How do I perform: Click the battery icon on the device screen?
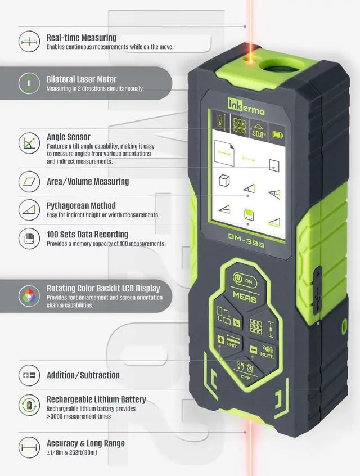(x=278, y=134)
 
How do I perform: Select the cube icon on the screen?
(x=223, y=181)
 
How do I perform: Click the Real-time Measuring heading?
(x=81, y=38)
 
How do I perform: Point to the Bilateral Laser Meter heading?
(x=81, y=79)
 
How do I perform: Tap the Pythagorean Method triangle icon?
(x=29, y=210)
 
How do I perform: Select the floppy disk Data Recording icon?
(x=29, y=238)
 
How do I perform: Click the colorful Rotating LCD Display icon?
(x=29, y=296)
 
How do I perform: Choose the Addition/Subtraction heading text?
(x=83, y=375)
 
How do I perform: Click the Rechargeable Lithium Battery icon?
(x=29, y=404)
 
